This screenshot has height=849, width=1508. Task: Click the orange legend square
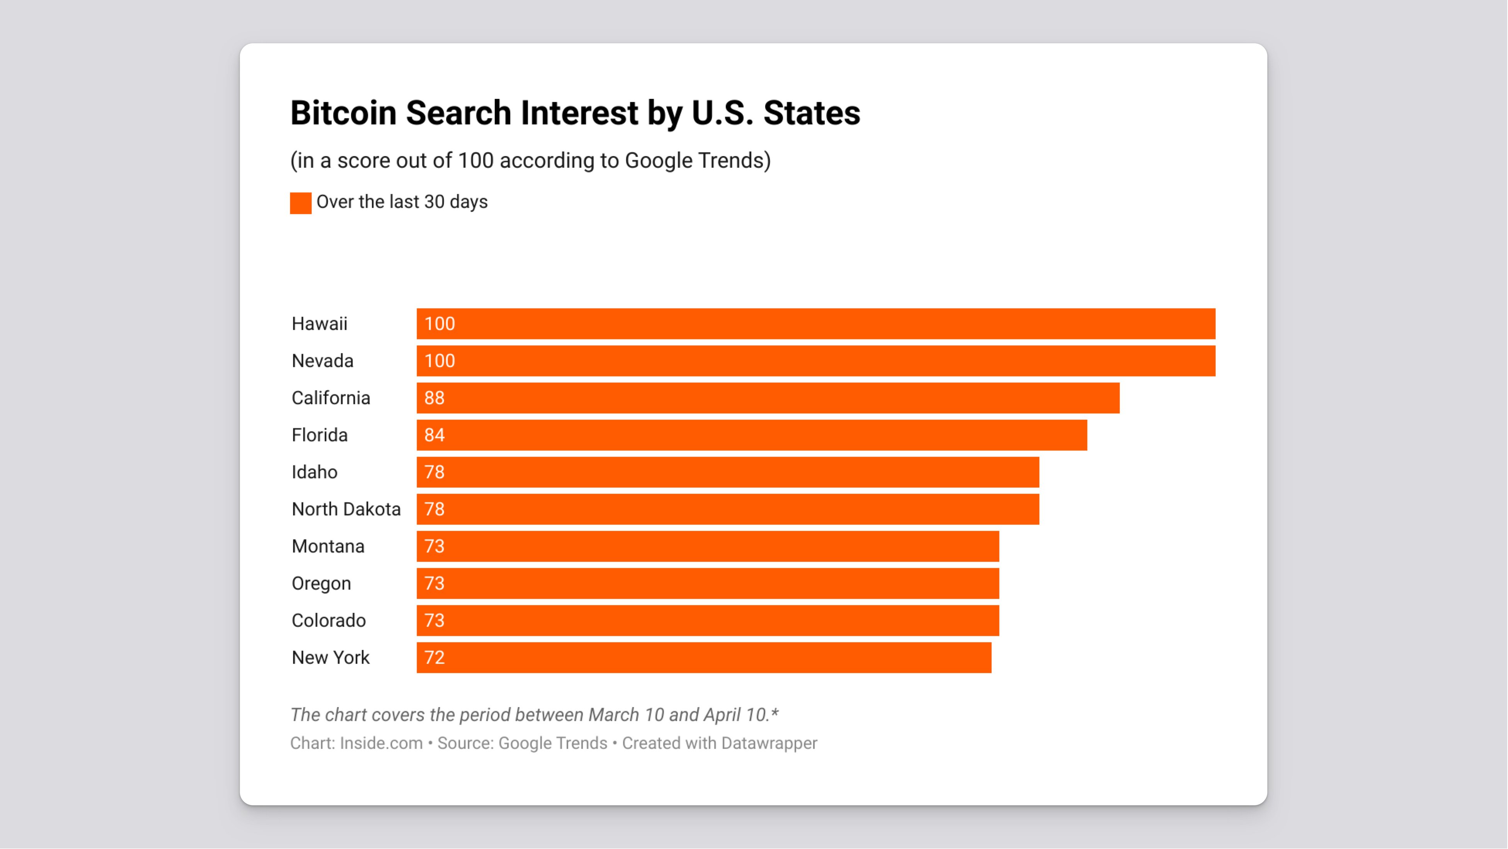[x=300, y=203]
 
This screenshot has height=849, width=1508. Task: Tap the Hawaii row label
[x=319, y=324]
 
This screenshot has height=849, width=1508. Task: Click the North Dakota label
[x=346, y=510]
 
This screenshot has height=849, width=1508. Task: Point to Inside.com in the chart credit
[x=381, y=743]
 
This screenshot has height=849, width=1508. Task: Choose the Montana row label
[x=328, y=546]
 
